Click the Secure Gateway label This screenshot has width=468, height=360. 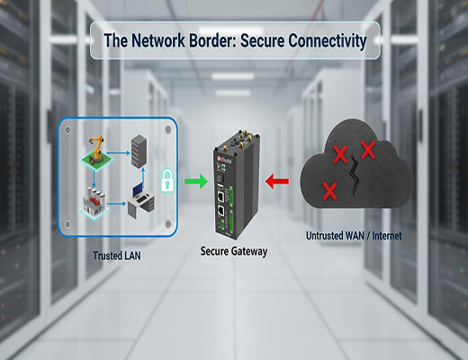pos(233,253)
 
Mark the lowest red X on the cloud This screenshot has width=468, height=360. pos(329,191)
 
